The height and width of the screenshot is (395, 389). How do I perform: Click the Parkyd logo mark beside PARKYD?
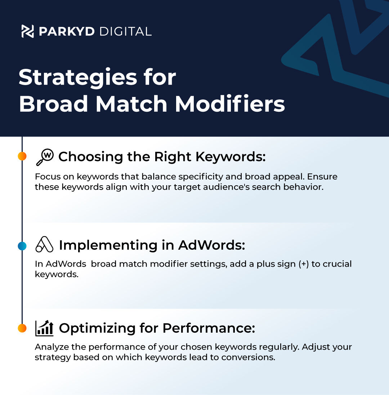point(27,31)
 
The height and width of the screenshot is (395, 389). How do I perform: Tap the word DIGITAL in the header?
point(125,31)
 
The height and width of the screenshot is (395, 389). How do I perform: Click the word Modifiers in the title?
point(230,103)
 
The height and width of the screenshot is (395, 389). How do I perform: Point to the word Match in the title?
point(131,103)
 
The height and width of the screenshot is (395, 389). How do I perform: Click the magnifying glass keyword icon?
point(45,157)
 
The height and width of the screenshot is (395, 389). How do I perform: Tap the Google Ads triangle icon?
point(44,244)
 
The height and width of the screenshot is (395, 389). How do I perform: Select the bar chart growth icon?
point(44,328)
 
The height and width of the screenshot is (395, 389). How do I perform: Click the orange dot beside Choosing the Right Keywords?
point(22,156)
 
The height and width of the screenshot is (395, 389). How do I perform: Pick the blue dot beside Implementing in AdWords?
point(22,246)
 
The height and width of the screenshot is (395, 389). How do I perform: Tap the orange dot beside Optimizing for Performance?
point(22,328)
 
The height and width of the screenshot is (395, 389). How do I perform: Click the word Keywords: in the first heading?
point(231,157)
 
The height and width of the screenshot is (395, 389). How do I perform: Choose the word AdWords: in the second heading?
point(211,245)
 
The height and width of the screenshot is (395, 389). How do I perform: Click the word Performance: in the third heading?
point(209,328)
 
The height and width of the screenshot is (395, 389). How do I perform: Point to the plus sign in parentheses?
point(304,264)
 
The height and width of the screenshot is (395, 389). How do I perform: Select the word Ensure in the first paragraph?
point(322,177)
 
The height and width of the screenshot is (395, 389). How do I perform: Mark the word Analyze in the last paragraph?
point(52,347)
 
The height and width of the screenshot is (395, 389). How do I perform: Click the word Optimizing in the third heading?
point(97,328)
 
